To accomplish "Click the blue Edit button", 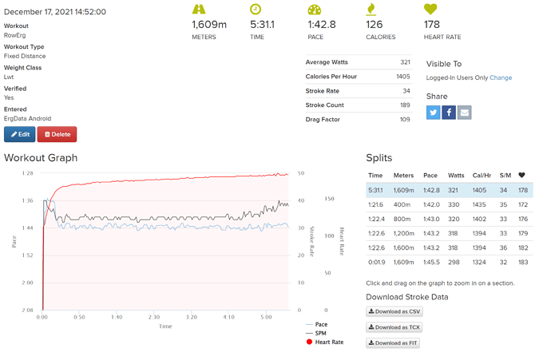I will pyautogui.click(x=19, y=134).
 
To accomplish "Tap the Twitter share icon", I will pyautogui.click(x=434, y=113).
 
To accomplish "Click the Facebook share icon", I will pyautogui.click(x=449, y=113).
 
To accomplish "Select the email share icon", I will pyautogui.click(x=464, y=113).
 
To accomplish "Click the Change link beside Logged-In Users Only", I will pyautogui.click(x=501, y=78).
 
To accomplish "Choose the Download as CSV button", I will pyautogui.click(x=393, y=311).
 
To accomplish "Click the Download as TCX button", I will pyautogui.click(x=393, y=327).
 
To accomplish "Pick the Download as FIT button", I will pyautogui.click(x=392, y=343).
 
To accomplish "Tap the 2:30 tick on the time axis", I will pyautogui.click(x=154, y=317).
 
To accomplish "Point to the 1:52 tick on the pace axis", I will pyautogui.click(x=28, y=255).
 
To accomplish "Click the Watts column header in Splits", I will pyautogui.click(x=456, y=176).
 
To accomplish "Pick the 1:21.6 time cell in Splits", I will pyautogui.click(x=377, y=204).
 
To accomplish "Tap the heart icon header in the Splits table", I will pyautogui.click(x=522, y=176).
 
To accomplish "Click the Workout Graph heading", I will pyautogui.click(x=41, y=158).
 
